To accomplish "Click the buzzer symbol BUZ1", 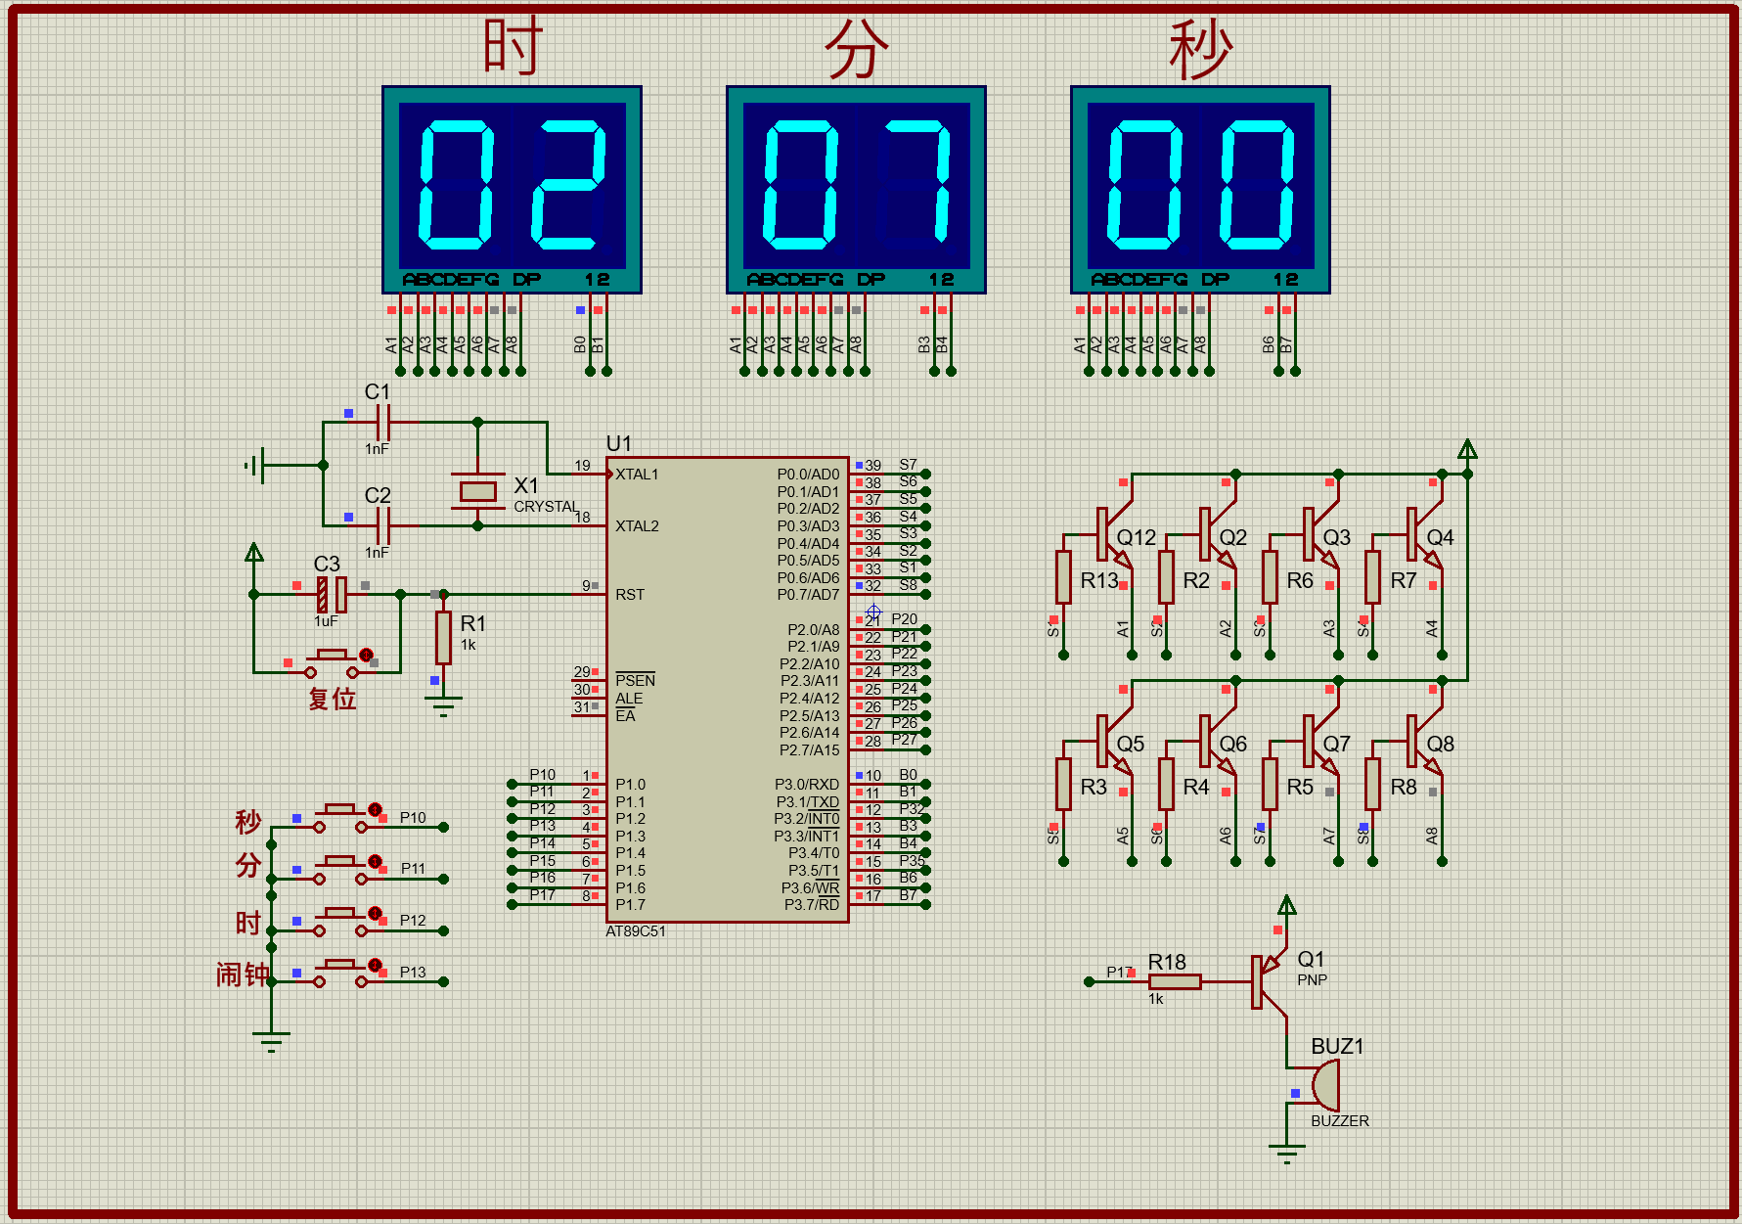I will tap(1325, 1084).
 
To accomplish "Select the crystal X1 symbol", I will tap(477, 490).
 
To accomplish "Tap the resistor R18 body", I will tap(1174, 981).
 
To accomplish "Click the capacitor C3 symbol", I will tap(331, 594).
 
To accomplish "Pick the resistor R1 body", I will tap(443, 638).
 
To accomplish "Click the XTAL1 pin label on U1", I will tap(637, 475).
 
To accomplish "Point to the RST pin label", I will tap(630, 595).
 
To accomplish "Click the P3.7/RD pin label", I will tap(811, 904).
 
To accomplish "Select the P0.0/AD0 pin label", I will tap(808, 475).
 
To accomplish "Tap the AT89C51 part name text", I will tap(635, 931).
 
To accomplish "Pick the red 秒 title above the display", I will tap(1200, 49).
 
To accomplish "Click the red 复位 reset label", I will tap(332, 699).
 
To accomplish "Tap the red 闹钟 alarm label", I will tap(242, 975).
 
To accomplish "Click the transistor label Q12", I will tap(1136, 537).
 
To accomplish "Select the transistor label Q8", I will tap(1440, 744).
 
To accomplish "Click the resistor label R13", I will tap(1098, 580).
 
